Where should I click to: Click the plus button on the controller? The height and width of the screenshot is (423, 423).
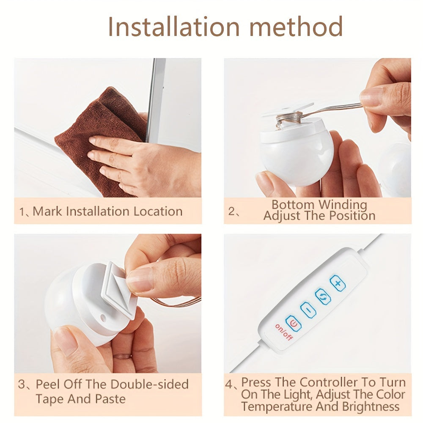338,283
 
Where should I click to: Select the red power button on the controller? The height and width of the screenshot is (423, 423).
293,323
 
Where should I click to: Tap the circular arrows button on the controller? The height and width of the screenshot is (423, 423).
323,297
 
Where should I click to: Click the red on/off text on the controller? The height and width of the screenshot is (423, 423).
284,332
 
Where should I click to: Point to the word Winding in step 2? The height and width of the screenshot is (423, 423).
343,205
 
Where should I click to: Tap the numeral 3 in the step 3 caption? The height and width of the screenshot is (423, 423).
22,385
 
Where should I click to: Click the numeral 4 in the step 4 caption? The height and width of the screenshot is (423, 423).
229,385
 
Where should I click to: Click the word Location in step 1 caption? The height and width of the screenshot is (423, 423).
158,211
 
